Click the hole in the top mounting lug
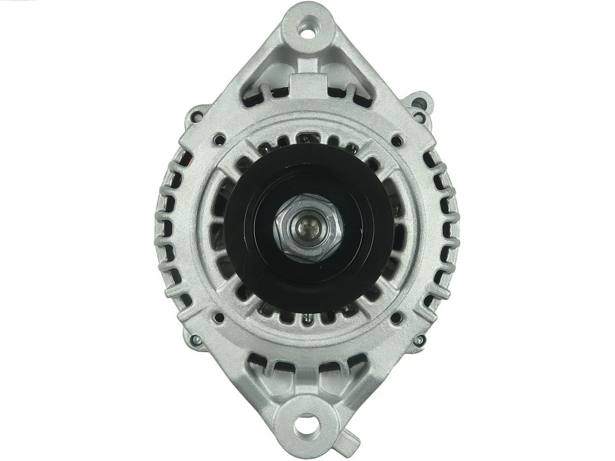(x=307, y=32)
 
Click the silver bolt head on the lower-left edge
(x=196, y=341)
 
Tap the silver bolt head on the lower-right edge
(x=419, y=340)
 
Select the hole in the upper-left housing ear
(x=197, y=116)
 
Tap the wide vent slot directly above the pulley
(x=307, y=138)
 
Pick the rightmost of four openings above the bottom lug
(x=357, y=360)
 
